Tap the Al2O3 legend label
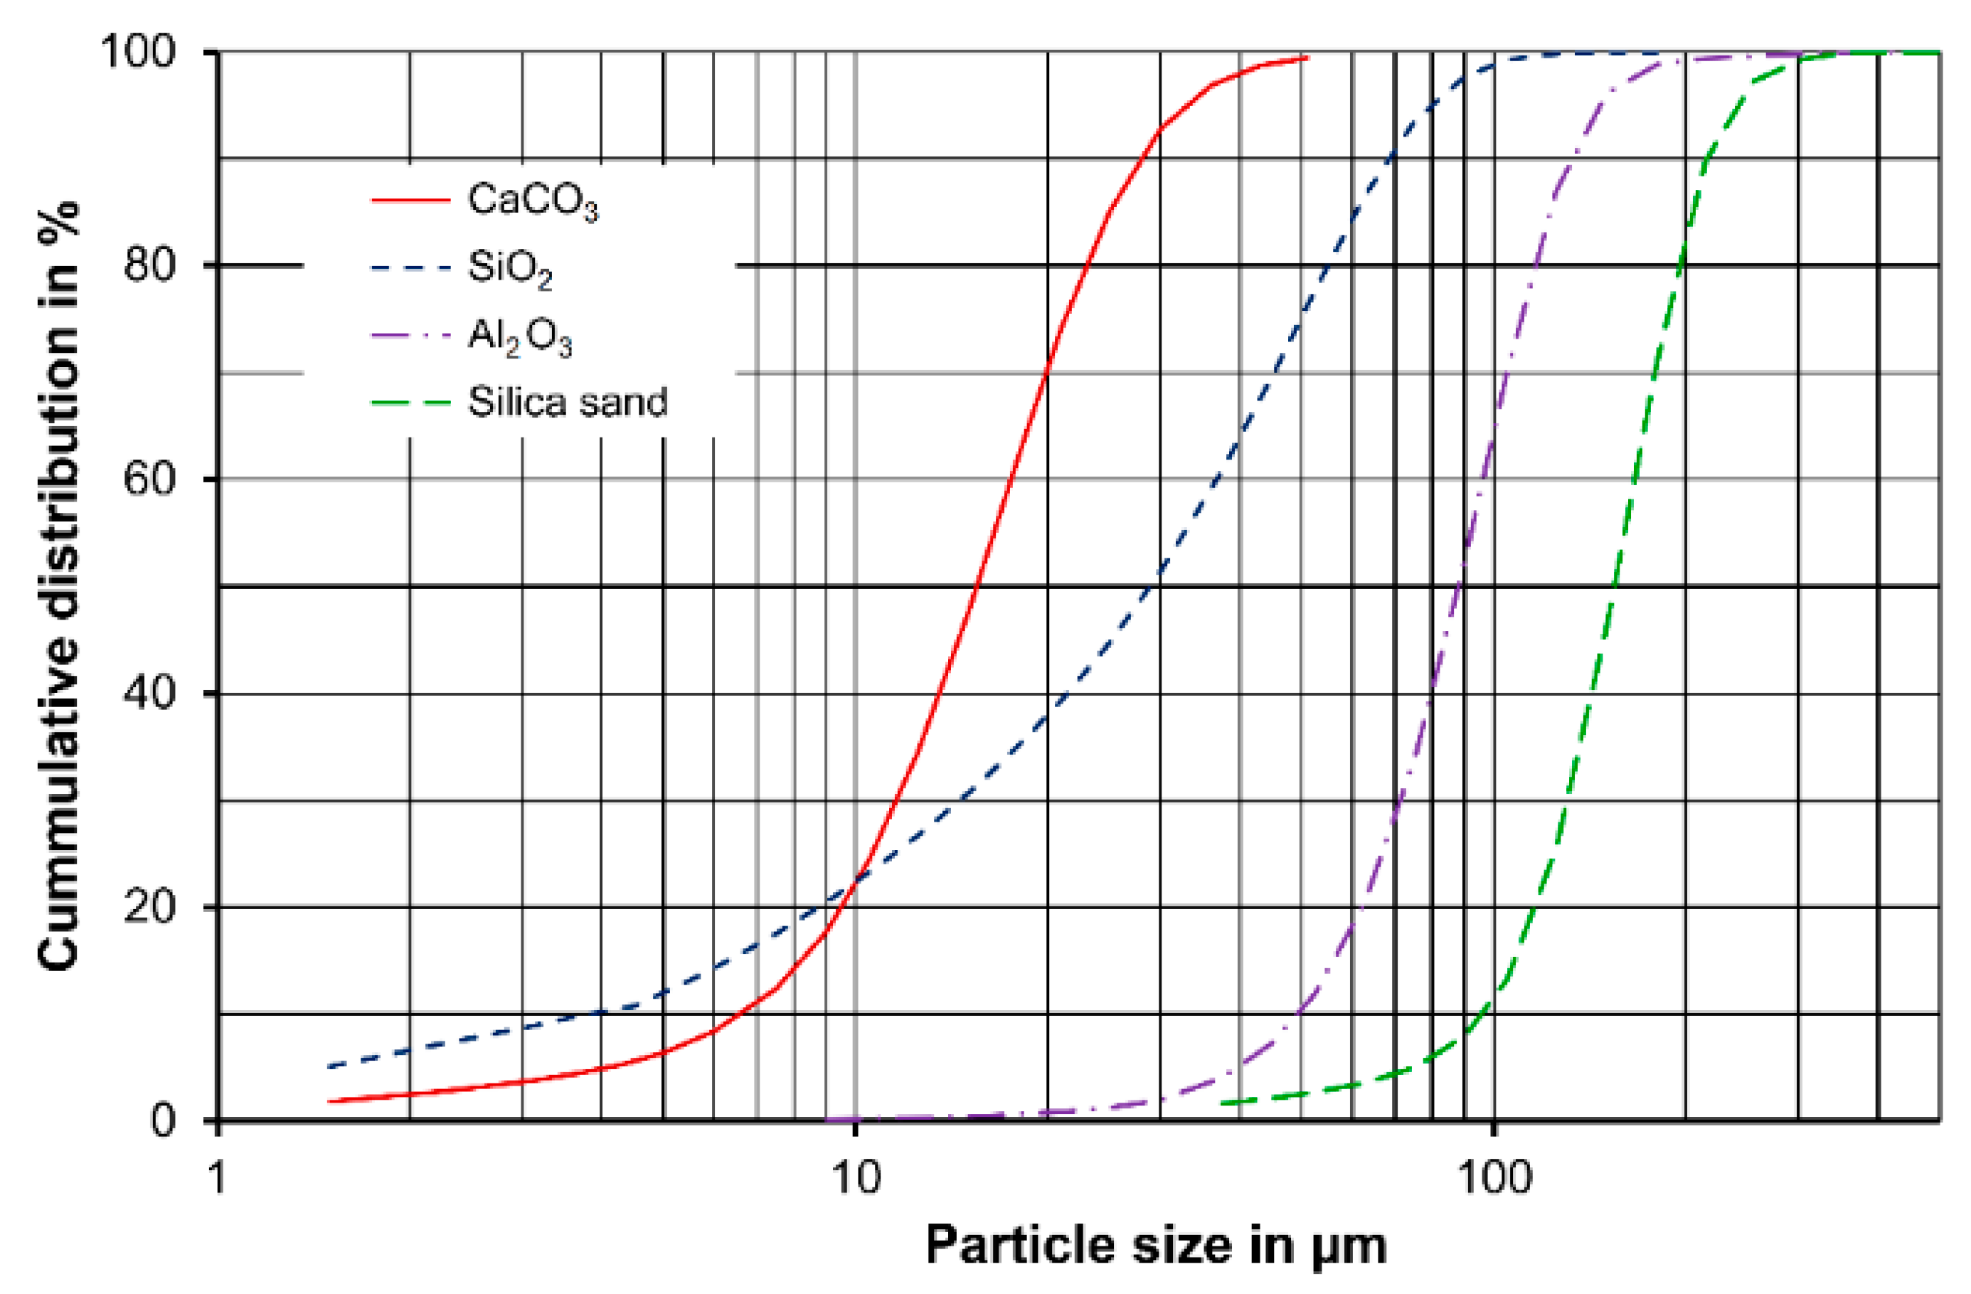click(520, 337)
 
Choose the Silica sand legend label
click(568, 403)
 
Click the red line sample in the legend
click(410, 201)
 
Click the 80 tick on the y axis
click(150, 265)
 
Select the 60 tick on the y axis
click(150, 479)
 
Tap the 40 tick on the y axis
click(150, 693)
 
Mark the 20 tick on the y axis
click(150, 906)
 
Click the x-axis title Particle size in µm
click(1156, 1246)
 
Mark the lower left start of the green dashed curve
click(1224, 1103)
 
